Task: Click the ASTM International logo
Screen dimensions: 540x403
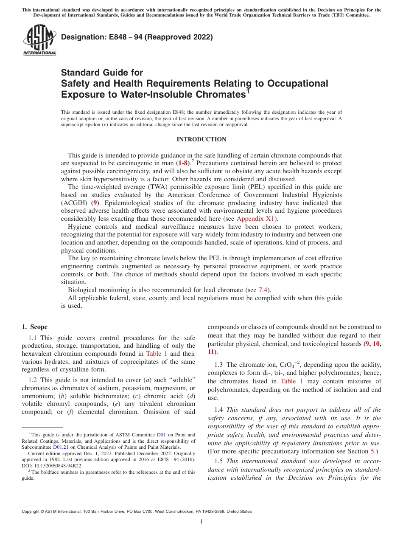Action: coord(39,40)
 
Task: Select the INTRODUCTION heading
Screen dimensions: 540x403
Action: coord(201,140)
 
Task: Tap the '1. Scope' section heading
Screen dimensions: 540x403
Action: coord(35,327)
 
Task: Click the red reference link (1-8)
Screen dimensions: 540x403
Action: coord(182,163)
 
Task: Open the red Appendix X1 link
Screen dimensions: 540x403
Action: coord(256,219)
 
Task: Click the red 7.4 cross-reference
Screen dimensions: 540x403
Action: coord(263,290)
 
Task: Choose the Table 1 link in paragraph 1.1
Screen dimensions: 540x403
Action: coord(157,354)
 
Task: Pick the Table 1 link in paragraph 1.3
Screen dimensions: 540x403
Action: coord(292,381)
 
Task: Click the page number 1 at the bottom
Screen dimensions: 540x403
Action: coord(201,522)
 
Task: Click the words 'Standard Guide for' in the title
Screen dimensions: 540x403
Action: coord(102,73)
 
